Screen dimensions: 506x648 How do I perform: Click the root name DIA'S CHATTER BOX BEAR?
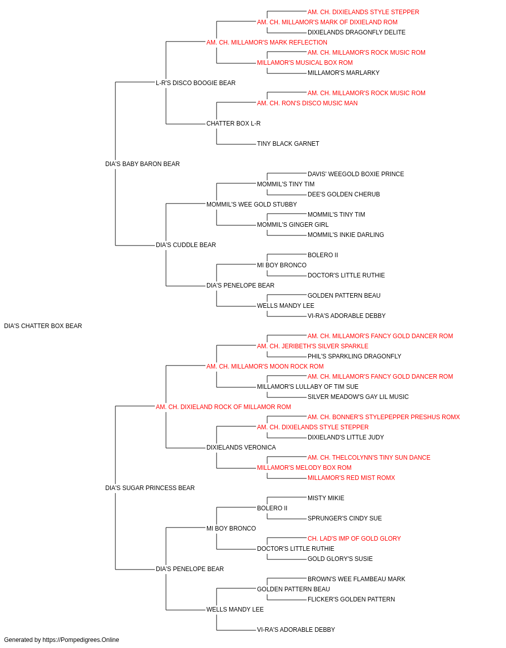[43, 326]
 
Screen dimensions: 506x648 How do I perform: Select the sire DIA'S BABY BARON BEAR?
[143, 164]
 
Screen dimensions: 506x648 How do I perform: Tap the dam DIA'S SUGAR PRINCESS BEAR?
[150, 488]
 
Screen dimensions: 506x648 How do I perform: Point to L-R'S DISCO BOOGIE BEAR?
[195, 83]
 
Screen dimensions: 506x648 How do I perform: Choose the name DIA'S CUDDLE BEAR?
[186, 245]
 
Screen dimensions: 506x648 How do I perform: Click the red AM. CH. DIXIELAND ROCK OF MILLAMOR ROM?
[223, 407]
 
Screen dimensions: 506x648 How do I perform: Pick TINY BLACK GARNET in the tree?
[288, 144]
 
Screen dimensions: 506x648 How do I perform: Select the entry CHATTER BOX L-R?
[233, 124]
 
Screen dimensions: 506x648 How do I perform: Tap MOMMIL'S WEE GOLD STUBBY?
[251, 205]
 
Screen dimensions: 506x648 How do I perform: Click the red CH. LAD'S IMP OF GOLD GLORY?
[354, 539]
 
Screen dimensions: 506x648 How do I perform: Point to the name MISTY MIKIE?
[326, 498]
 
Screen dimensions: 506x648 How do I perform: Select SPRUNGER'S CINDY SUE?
[345, 518]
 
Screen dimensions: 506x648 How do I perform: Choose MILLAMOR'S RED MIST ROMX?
[351, 478]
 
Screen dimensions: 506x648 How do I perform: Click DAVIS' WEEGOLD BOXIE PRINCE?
[356, 174]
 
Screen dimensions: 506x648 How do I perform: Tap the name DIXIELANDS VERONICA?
[241, 448]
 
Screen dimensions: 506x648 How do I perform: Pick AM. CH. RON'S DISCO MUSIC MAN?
[307, 103]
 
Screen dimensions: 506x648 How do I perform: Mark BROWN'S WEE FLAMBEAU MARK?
[356, 579]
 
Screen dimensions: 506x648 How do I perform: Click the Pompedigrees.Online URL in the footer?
[81, 640]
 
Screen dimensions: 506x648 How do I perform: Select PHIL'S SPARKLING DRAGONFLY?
[354, 356]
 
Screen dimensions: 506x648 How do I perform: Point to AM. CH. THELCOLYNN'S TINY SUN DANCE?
[369, 458]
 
